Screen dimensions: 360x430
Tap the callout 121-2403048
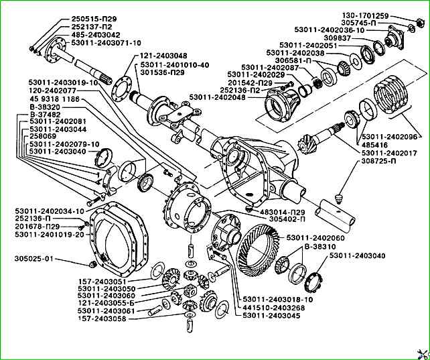point(163,56)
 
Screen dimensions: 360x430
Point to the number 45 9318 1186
point(61,99)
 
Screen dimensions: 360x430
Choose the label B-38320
point(45,107)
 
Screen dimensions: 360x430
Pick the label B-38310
point(324,246)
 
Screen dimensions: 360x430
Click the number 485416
point(376,144)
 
